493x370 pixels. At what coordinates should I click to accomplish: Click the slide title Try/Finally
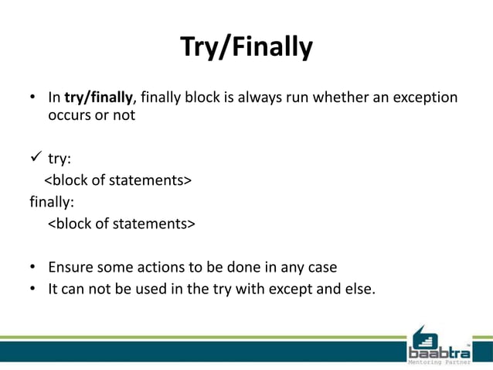246,47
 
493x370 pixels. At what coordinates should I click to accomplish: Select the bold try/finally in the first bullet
99,98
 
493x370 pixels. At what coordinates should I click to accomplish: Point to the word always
259,98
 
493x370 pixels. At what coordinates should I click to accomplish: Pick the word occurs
70,116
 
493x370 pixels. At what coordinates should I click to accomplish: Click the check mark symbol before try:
36,158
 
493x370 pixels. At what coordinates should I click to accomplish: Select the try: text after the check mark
60,159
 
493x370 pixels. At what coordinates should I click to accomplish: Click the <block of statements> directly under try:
117,181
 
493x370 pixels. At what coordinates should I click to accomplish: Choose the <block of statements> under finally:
122,224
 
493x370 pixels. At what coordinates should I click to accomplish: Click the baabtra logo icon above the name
426,338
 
